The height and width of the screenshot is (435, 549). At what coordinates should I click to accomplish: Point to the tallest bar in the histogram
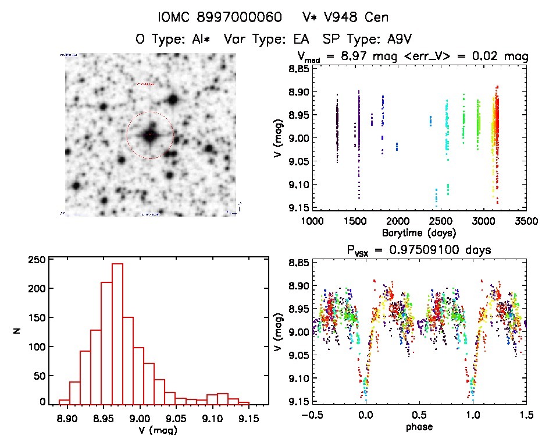click(117, 333)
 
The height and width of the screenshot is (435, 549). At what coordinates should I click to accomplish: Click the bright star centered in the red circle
click(150, 135)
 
